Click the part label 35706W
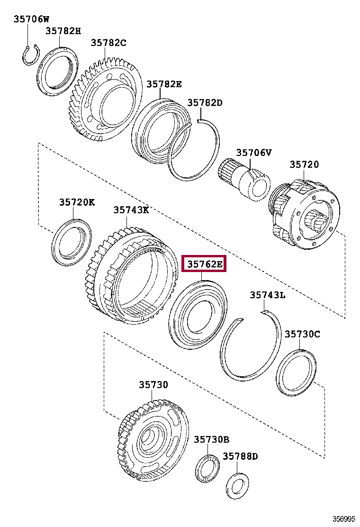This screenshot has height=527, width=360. tap(31, 19)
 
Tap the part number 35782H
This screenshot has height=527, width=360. tap(63, 31)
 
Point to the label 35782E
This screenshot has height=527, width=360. tap(164, 84)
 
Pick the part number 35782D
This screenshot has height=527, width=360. tap(205, 103)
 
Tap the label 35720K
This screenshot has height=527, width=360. tap(77, 202)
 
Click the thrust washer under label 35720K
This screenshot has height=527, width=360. tap(72, 242)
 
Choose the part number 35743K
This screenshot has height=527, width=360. tap(131, 210)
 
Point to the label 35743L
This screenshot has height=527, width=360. tap(268, 295)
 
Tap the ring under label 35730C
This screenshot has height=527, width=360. tap(296, 372)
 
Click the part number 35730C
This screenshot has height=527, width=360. tap(302, 334)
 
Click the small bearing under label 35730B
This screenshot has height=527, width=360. tap(207, 468)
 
